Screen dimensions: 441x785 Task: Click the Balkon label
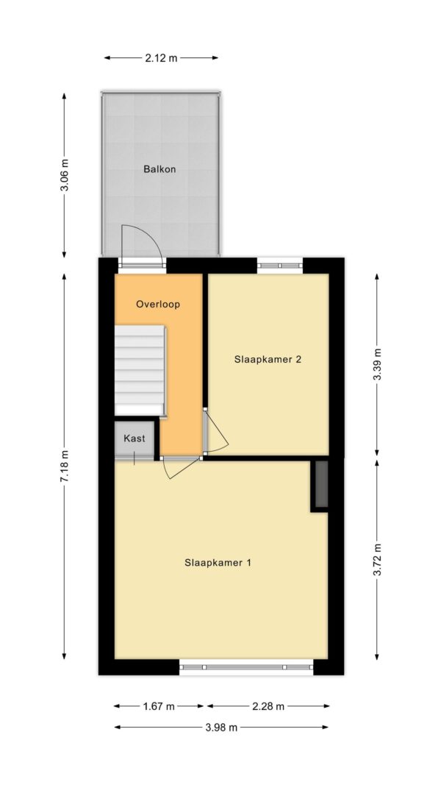pos(159,169)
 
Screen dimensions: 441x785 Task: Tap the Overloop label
pos(158,304)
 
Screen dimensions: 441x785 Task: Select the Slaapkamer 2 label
pos(268,359)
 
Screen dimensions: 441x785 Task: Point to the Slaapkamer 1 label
pos(218,563)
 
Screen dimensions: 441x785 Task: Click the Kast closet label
pos(135,438)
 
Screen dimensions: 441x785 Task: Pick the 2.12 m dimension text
pos(161,58)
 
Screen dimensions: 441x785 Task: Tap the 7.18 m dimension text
pos(64,466)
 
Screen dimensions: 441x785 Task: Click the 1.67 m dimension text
pos(159,706)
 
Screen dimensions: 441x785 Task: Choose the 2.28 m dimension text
pos(268,706)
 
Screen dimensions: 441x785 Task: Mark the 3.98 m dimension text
pos(221,728)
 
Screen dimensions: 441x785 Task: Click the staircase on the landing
pos(140,370)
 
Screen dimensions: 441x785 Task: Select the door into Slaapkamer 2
pos(215,432)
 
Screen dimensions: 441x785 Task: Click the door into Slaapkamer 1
pos(181,467)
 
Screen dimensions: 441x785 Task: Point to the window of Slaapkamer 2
pos(280,266)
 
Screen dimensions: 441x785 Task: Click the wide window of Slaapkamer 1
pos(246,667)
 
